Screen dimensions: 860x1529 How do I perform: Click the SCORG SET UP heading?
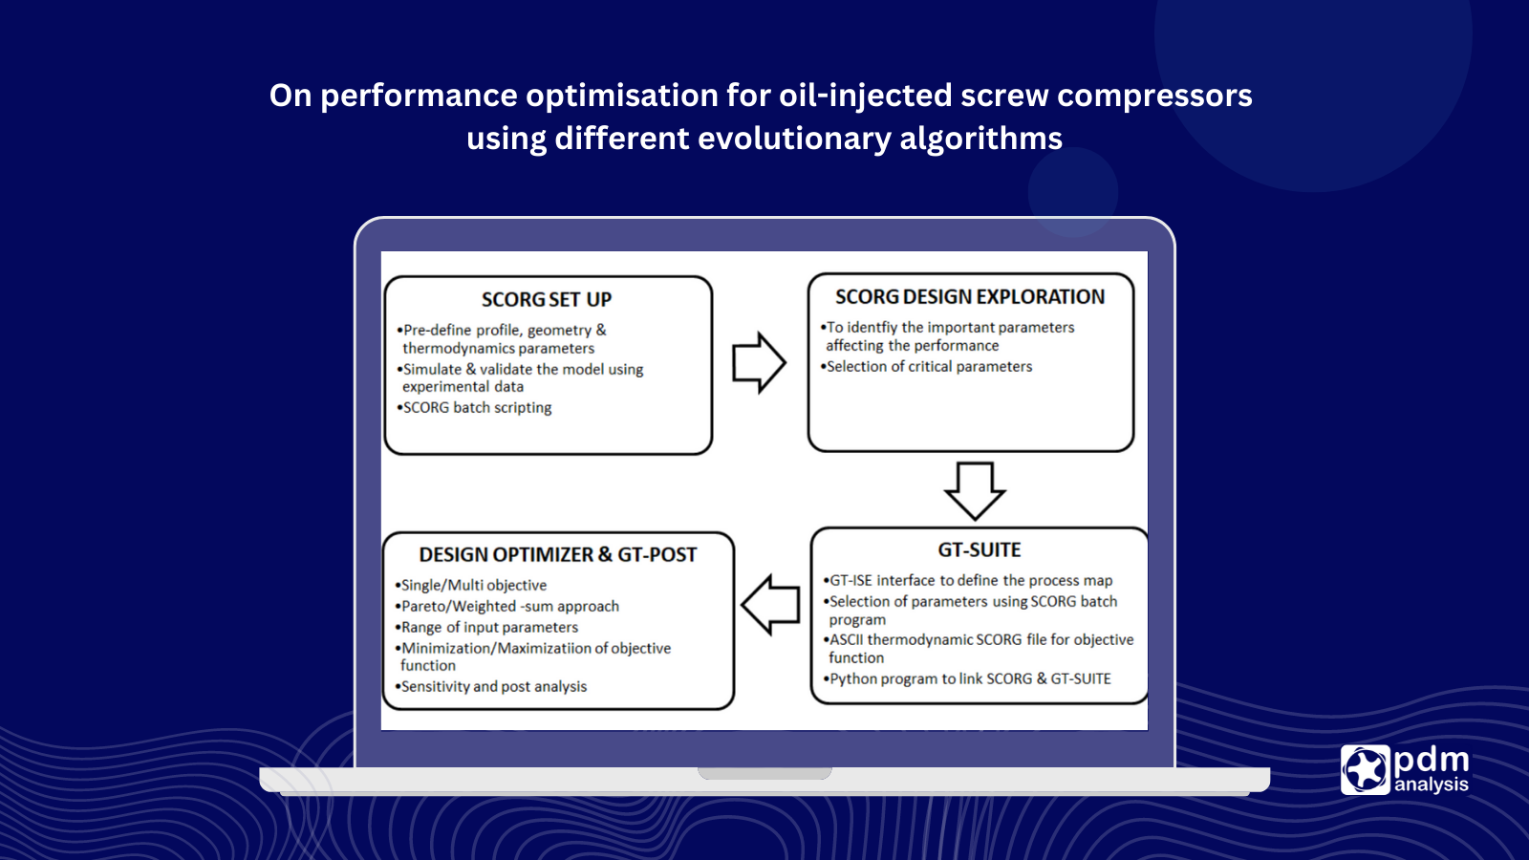[546, 300]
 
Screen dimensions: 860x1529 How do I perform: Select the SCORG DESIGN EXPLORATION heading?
[970, 297]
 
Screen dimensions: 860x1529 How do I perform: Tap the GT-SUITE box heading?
[980, 550]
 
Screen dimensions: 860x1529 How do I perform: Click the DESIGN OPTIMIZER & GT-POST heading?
[558, 555]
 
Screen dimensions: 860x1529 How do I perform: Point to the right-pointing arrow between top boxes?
[759, 363]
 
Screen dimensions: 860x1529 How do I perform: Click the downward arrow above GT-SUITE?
[974, 490]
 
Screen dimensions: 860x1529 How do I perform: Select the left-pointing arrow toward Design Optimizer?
[770, 605]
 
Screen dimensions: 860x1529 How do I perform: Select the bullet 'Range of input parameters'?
[489, 628]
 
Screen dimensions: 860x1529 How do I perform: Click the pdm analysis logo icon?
[1366, 769]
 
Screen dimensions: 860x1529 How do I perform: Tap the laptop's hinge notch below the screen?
[764, 773]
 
